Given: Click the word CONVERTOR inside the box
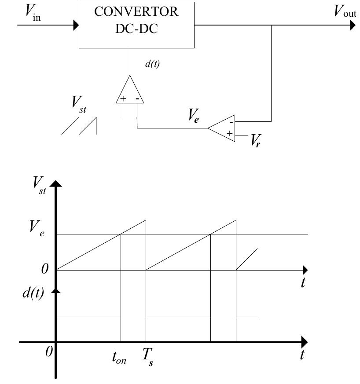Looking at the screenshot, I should pyautogui.click(x=137, y=12).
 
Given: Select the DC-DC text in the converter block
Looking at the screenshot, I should pyautogui.click(x=137, y=29).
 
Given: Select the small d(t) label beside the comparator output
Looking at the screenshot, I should pyautogui.click(x=152, y=64).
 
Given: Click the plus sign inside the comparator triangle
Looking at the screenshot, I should pyautogui.click(x=123, y=99).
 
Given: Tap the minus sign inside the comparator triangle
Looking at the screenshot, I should pyautogui.click(x=138, y=99).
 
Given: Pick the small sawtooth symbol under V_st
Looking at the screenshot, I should pyautogui.click(x=79, y=126).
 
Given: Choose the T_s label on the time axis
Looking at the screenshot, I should pyautogui.click(x=147, y=358).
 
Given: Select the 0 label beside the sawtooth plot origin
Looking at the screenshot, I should pyautogui.click(x=45, y=269).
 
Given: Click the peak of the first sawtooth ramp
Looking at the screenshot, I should pyautogui.click(x=145, y=219).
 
